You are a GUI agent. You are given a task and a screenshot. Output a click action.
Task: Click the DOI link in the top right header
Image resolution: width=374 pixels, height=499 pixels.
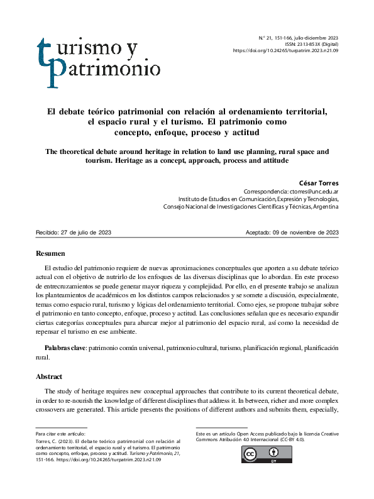(x=285, y=50)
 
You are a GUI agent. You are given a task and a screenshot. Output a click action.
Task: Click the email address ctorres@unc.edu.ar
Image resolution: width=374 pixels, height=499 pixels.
(x=314, y=191)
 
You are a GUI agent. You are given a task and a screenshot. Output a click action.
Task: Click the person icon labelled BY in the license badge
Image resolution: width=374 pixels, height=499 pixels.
(x=274, y=453)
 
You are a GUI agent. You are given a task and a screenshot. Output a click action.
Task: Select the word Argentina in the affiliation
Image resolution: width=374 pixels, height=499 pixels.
(x=324, y=206)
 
